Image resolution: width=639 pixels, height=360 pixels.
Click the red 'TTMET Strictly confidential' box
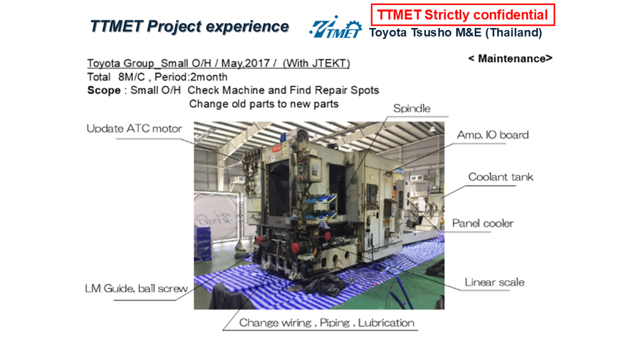click(x=463, y=15)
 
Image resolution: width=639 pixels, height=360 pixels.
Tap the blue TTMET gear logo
click(x=335, y=27)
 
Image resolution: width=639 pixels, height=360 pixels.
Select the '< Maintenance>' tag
click(x=510, y=59)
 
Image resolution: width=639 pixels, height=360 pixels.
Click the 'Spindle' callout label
click(x=412, y=109)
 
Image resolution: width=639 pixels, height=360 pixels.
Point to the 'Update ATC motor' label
click(x=134, y=129)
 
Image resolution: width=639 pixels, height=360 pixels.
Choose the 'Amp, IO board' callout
click(x=493, y=135)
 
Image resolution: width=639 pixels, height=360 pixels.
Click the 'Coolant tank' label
click(x=500, y=177)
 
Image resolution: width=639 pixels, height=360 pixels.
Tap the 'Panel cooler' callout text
click(x=482, y=223)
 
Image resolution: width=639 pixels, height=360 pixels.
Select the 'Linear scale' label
click(x=495, y=282)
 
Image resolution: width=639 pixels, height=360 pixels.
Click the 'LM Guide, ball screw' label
click(x=136, y=288)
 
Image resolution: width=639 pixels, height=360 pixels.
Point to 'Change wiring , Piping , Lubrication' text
click(x=327, y=323)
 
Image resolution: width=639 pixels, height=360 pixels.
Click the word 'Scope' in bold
click(x=104, y=90)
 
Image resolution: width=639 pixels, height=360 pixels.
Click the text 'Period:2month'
click(x=190, y=77)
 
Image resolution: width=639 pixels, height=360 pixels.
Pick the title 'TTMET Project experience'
click(x=190, y=26)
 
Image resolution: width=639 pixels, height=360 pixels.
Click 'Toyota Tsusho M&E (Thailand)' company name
click(x=456, y=33)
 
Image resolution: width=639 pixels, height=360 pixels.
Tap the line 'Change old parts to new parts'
click(x=264, y=104)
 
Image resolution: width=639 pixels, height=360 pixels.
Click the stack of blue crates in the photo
click(x=203, y=244)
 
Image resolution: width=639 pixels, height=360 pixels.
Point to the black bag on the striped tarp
click(x=325, y=284)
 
